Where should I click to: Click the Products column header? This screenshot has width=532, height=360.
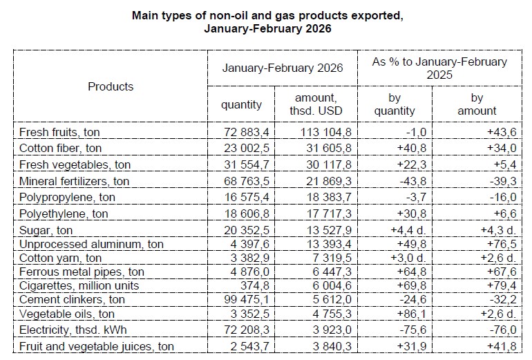(x=111, y=86)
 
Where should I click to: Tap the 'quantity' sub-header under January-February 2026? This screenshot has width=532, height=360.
(x=241, y=105)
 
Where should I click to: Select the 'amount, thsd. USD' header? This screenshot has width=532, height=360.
(x=315, y=105)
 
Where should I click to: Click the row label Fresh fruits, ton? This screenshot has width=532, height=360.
(x=61, y=131)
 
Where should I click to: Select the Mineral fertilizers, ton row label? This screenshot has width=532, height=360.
(x=74, y=181)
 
